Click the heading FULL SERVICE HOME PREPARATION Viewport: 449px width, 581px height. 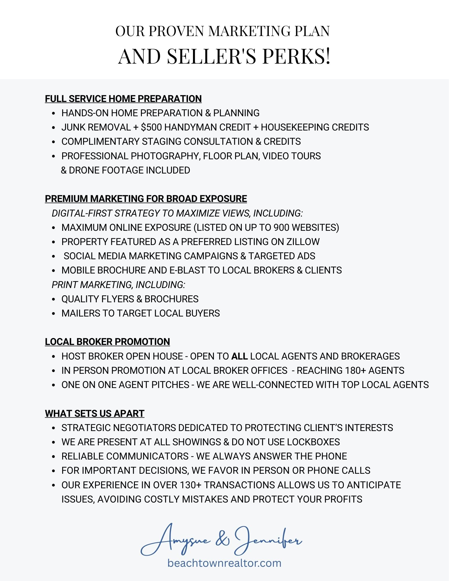coord(123,99)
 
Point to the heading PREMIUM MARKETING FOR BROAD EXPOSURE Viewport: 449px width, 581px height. coord(146,199)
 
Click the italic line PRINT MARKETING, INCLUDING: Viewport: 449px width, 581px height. coord(118,285)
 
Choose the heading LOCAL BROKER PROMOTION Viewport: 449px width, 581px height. coord(108,342)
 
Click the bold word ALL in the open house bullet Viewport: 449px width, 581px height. coord(239,356)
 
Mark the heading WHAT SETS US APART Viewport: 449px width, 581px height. coord(95,414)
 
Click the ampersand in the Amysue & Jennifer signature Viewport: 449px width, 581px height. coord(223,540)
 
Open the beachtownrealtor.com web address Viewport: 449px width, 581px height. coord(224,563)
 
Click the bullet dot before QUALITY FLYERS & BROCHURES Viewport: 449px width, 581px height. coord(53,299)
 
